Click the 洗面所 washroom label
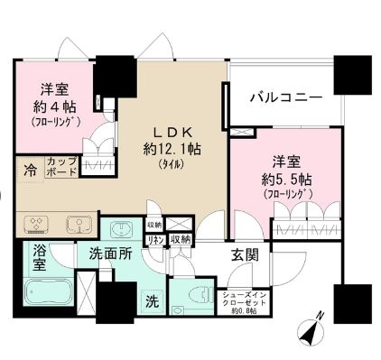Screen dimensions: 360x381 [111, 255]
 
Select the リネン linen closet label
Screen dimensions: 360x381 [154, 239]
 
